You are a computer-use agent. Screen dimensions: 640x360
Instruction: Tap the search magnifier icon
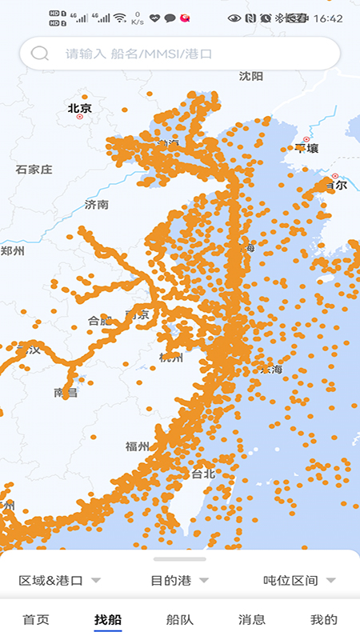pyautogui.click(x=39, y=54)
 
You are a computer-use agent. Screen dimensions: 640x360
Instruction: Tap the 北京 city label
pyautogui.click(x=79, y=108)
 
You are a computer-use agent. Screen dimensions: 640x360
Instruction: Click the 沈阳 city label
pyautogui.click(x=250, y=76)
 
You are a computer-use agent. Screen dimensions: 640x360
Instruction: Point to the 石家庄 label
pyautogui.click(x=34, y=170)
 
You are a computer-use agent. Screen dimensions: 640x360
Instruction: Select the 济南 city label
pyautogui.click(x=97, y=205)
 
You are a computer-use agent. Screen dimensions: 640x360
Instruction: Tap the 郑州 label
pyautogui.click(x=12, y=251)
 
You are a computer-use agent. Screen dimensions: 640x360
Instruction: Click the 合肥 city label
pyautogui.click(x=98, y=321)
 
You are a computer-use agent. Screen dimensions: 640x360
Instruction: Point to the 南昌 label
pyautogui.click(x=65, y=393)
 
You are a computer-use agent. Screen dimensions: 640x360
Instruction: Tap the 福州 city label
pyautogui.click(x=137, y=446)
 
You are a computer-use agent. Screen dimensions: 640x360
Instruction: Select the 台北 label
pyautogui.click(x=203, y=474)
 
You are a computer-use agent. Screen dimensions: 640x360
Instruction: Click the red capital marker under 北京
pyautogui.click(x=79, y=117)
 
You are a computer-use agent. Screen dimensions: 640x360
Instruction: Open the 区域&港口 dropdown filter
pyautogui.click(x=59, y=580)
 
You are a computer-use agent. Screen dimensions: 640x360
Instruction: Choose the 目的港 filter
pyautogui.click(x=179, y=580)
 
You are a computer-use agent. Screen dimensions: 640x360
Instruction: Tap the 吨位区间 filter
pyautogui.click(x=298, y=580)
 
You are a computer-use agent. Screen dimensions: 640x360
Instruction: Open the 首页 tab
pyautogui.click(x=36, y=619)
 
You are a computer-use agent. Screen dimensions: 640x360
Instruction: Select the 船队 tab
pyautogui.click(x=180, y=619)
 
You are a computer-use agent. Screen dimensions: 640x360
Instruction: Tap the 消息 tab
pyautogui.click(x=252, y=619)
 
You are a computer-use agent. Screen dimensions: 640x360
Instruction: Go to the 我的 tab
pyautogui.click(x=324, y=619)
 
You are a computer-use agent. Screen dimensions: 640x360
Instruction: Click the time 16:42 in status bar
pyautogui.click(x=329, y=18)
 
